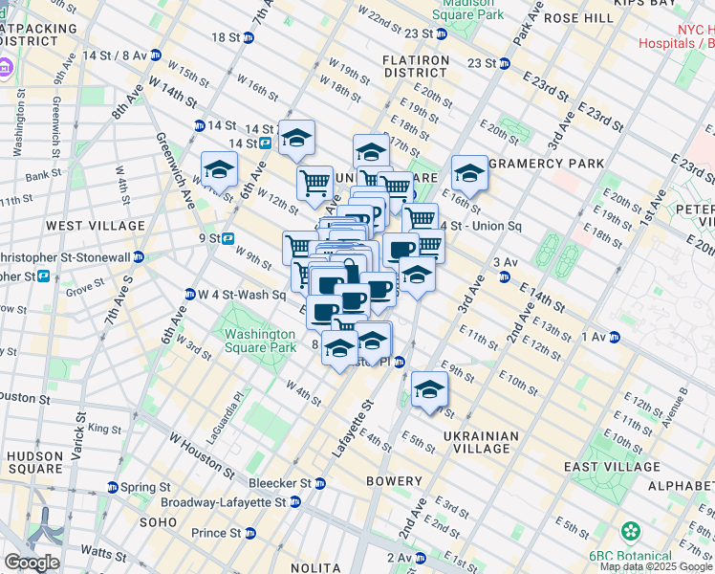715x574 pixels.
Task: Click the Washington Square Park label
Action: (259, 341)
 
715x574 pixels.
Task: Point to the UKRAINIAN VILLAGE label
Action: (482, 442)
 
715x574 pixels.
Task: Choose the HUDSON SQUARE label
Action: (35, 463)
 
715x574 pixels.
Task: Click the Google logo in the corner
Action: (32, 563)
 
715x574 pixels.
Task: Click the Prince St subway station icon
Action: (249, 533)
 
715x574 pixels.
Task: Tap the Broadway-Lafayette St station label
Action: (227, 501)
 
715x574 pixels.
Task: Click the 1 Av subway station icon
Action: (616, 337)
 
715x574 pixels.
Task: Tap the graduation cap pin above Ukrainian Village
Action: (429, 390)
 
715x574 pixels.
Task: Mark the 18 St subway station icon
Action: (249, 37)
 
